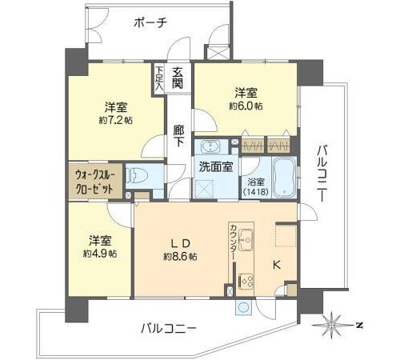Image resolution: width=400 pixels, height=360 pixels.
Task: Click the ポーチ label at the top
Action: click(x=150, y=22)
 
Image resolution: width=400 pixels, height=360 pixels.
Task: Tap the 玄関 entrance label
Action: click(x=178, y=78)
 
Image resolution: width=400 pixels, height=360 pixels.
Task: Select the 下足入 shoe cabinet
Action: click(x=159, y=78)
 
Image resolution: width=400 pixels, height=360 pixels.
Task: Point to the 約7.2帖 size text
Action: click(x=115, y=121)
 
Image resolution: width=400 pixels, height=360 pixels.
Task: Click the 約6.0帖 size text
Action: click(x=246, y=106)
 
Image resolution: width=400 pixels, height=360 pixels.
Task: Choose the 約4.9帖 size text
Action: click(x=100, y=254)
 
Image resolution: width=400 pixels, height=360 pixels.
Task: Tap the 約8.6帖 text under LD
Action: click(x=181, y=257)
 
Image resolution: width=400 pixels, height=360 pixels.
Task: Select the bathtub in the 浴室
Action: click(x=284, y=178)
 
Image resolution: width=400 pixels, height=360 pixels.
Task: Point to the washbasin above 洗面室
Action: click(x=210, y=146)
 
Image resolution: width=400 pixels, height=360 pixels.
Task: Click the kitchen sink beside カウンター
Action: click(x=246, y=240)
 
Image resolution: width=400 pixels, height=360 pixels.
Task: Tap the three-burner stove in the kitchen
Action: click(x=246, y=282)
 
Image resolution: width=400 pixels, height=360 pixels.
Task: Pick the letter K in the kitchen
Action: click(x=277, y=266)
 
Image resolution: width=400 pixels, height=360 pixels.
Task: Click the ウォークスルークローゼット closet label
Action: click(x=95, y=182)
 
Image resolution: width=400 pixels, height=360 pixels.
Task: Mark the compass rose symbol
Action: click(x=331, y=325)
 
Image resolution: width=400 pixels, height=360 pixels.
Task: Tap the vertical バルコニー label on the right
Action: click(x=322, y=173)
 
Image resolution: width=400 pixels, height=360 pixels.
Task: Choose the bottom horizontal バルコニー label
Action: click(x=169, y=328)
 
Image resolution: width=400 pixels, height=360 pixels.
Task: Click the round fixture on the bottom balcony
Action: click(x=244, y=307)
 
